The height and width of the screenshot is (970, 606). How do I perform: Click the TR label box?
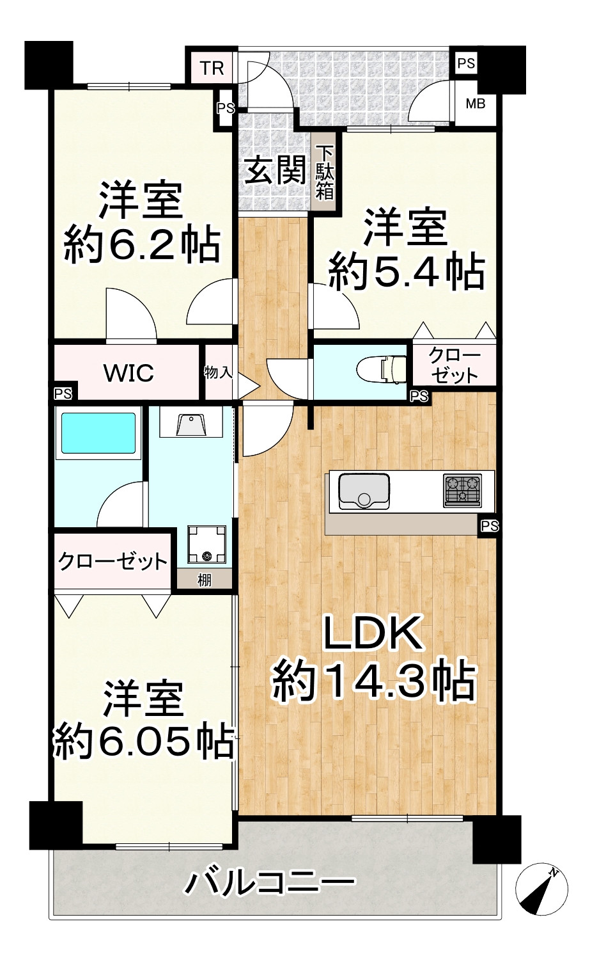(212, 67)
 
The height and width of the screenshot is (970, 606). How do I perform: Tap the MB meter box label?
(475, 103)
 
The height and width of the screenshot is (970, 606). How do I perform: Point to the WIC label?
(128, 372)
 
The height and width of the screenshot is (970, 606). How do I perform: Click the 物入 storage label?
(217, 372)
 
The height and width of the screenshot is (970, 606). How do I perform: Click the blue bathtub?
(98, 434)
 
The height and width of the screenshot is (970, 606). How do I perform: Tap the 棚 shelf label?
(204, 580)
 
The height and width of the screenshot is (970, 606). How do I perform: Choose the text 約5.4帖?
(405, 272)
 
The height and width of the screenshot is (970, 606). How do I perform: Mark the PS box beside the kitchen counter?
(490, 526)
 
